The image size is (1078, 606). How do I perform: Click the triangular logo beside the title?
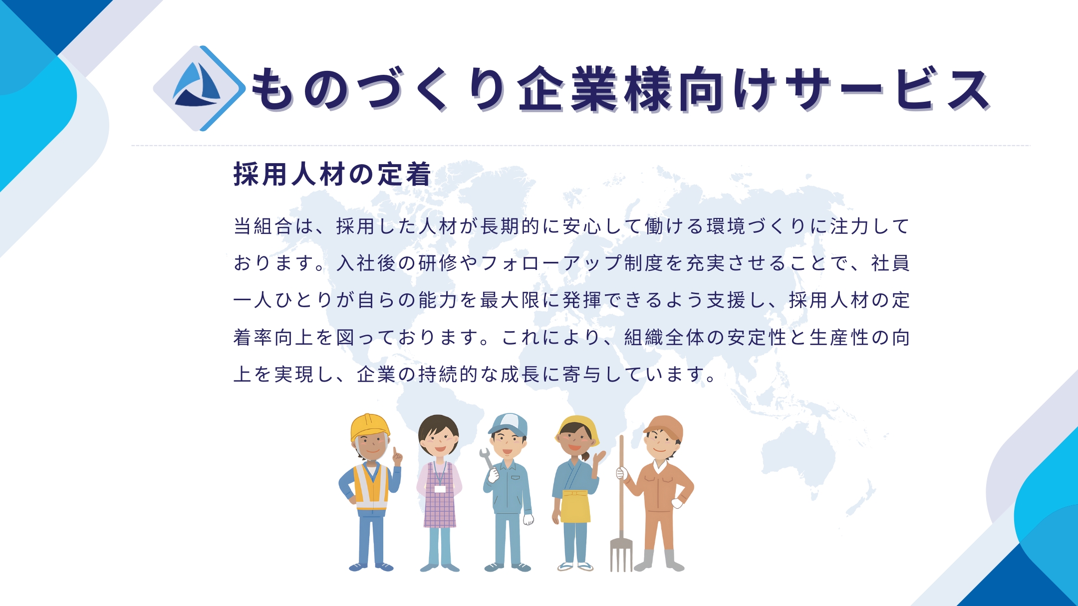point(198,88)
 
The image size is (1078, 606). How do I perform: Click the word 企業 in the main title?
point(567,89)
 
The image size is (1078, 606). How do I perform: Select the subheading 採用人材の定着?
point(332,175)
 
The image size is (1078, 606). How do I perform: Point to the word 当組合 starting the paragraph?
point(263,226)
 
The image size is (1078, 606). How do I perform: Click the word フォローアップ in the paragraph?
point(552,263)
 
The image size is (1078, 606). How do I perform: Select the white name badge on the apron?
point(440,489)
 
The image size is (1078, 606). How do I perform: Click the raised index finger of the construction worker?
point(396,453)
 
